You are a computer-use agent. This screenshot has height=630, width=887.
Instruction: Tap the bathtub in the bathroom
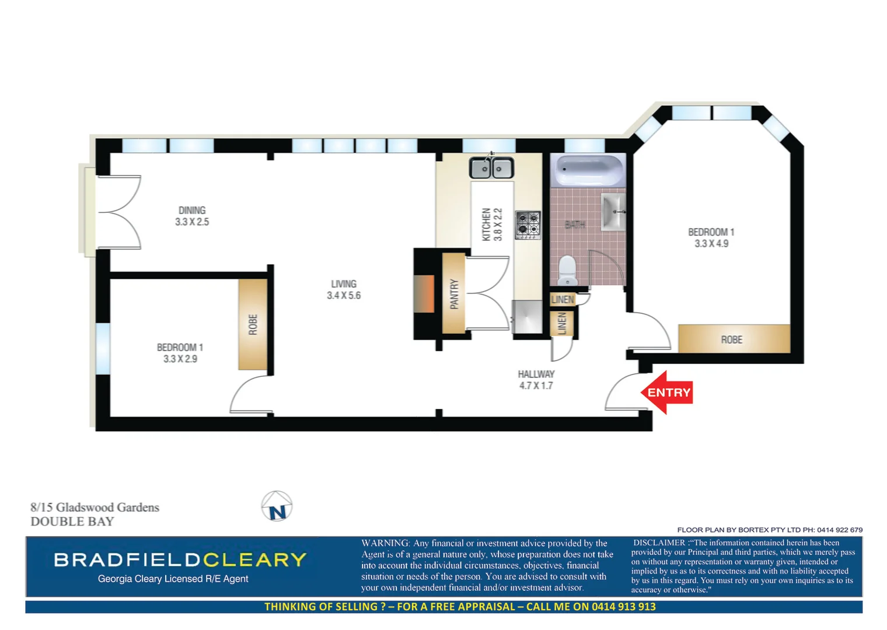click(x=588, y=170)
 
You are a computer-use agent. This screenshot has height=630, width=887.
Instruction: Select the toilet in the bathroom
click(x=567, y=271)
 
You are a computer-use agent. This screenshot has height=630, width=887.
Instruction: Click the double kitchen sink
click(x=491, y=169)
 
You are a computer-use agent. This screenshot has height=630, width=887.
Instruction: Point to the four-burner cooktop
click(x=528, y=225)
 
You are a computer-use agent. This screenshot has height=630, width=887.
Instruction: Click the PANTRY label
click(x=454, y=294)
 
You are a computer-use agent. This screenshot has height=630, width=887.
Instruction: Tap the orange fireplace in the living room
click(x=424, y=293)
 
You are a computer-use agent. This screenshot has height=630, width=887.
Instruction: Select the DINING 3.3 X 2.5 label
click(x=192, y=216)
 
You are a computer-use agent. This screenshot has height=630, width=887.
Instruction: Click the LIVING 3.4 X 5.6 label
click(x=343, y=290)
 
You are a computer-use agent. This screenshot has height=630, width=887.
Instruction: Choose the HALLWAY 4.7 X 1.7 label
click(x=536, y=380)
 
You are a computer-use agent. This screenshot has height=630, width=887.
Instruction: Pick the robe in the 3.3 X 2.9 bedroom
click(x=253, y=324)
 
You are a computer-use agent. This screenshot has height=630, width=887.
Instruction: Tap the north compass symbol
click(x=277, y=506)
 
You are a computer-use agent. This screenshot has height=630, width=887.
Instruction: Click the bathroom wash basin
click(x=613, y=212)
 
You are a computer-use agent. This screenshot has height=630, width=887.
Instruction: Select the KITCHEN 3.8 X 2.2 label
click(x=491, y=224)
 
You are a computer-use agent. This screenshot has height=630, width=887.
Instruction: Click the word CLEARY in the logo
click(x=254, y=560)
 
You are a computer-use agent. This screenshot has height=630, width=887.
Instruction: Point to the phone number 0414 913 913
click(x=623, y=607)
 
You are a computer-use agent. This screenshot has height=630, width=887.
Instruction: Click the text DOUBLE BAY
click(x=72, y=521)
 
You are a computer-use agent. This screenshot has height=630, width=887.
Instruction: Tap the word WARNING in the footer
click(x=385, y=543)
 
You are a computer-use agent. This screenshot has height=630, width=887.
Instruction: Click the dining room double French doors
click(x=119, y=212)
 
